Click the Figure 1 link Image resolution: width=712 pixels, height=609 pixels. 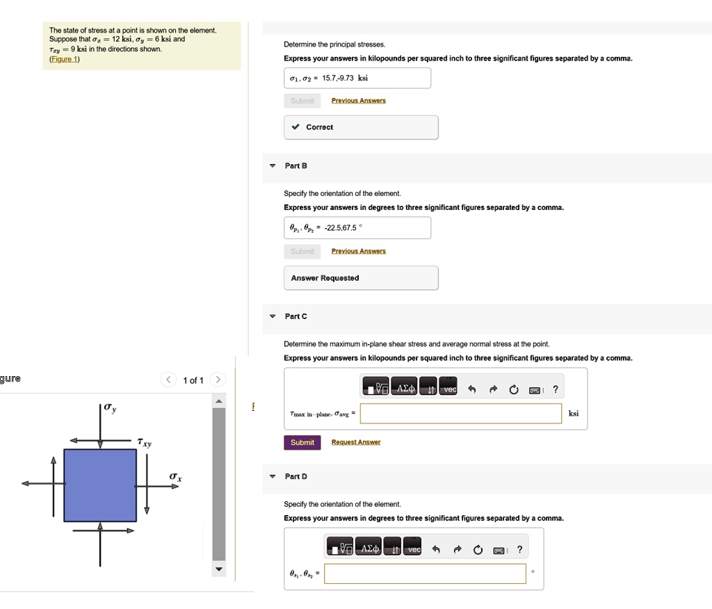point(65,59)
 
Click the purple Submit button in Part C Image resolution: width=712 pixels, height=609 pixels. point(302,443)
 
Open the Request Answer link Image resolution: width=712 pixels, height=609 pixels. point(356,443)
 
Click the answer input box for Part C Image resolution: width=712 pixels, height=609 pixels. point(460,414)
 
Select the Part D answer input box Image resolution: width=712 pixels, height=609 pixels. point(425,574)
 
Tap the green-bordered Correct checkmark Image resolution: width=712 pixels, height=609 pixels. point(296,127)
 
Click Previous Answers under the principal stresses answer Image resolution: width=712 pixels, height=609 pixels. point(358,101)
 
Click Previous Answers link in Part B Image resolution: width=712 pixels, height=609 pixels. point(358,252)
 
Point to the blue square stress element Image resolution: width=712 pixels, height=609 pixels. point(100,485)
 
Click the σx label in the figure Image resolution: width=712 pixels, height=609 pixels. point(176,476)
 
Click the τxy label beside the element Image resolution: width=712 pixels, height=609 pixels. point(145,442)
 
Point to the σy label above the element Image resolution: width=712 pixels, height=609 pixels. point(110,408)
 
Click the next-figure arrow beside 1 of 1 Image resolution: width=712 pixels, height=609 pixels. point(218,380)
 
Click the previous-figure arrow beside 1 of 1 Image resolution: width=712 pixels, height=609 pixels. point(168,380)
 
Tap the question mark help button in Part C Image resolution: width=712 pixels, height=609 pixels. point(555,389)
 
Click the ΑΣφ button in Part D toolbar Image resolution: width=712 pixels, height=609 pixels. point(369,549)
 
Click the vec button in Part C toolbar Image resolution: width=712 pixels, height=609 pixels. point(450,389)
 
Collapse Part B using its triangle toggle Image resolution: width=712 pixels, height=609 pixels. point(273,166)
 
